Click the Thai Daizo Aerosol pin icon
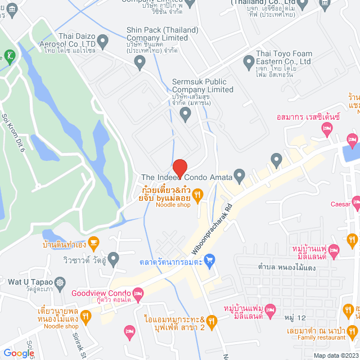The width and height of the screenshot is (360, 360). tap(103, 40)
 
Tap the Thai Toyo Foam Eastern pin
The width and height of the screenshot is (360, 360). tap(248, 60)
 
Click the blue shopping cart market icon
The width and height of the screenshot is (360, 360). tap(210, 260)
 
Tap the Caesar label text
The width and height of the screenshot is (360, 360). tap(340, 205)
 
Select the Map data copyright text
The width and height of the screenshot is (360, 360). tap(335, 355)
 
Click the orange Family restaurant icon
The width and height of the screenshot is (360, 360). tap(353, 330)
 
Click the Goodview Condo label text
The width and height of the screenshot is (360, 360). tap(102, 292)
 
